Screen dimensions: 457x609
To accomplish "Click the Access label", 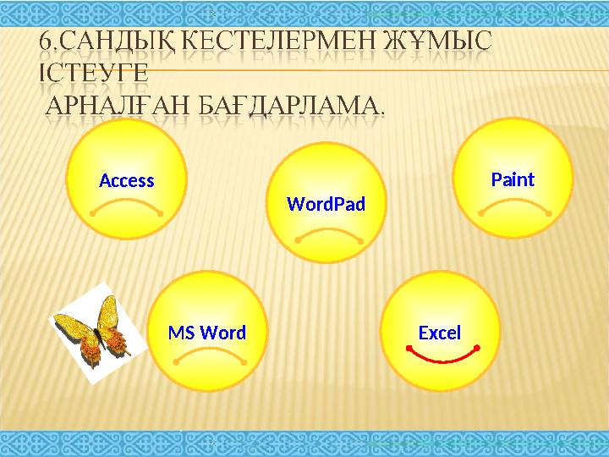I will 127,180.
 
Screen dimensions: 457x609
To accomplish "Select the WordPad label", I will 326,204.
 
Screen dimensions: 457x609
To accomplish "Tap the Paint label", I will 513,179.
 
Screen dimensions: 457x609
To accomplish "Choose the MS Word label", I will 207,333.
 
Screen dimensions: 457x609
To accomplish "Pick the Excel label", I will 440,333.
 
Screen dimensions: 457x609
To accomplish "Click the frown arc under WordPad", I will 329,230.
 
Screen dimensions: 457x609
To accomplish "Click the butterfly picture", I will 91,329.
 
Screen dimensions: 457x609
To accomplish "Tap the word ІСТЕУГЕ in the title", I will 93,73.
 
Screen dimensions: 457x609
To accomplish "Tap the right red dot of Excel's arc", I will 478,347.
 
